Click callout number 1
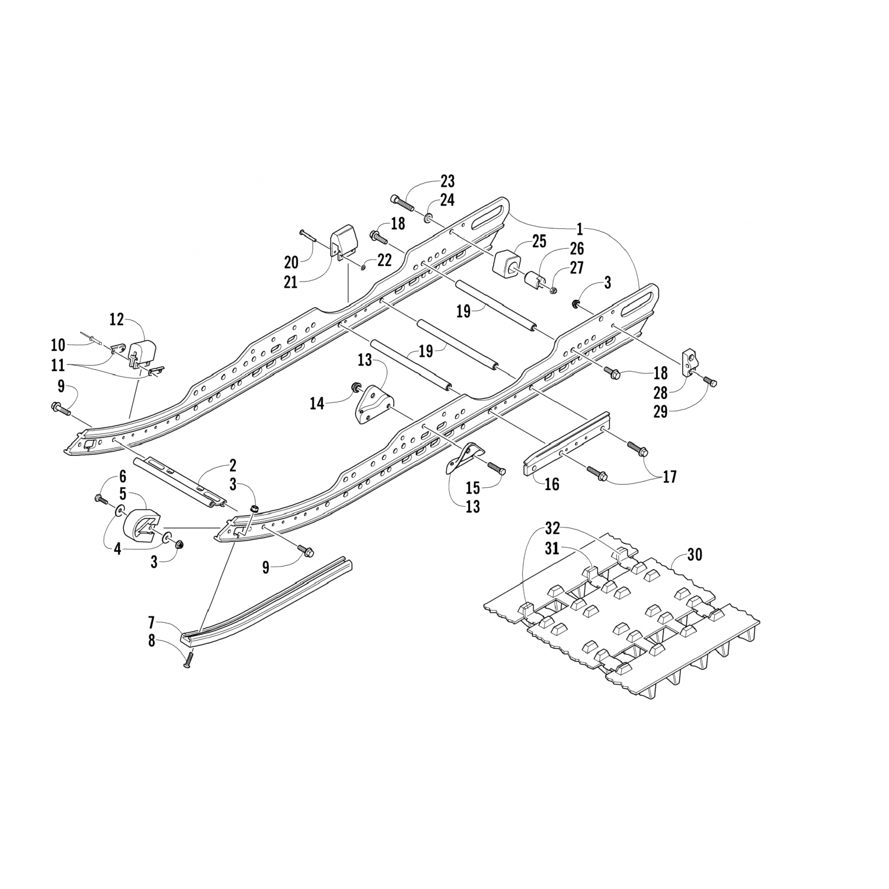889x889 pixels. coord(581,228)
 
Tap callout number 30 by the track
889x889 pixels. coord(695,555)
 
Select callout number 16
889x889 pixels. coord(552,485)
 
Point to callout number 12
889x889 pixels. coord(116,320)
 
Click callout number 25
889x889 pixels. coord(539,241)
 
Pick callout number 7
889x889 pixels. coord(152,623)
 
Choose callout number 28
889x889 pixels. coord(660,392)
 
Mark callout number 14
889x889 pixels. coord(317,404)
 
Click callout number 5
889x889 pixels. coord(123,493)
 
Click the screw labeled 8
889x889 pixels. coord(189,657)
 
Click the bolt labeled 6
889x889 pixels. coord(99,498)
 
